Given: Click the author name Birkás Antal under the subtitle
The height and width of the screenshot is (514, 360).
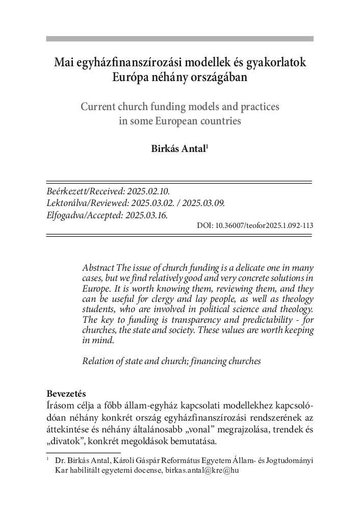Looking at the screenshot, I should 178,150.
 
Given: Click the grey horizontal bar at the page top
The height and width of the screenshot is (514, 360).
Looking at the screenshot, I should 179,38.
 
